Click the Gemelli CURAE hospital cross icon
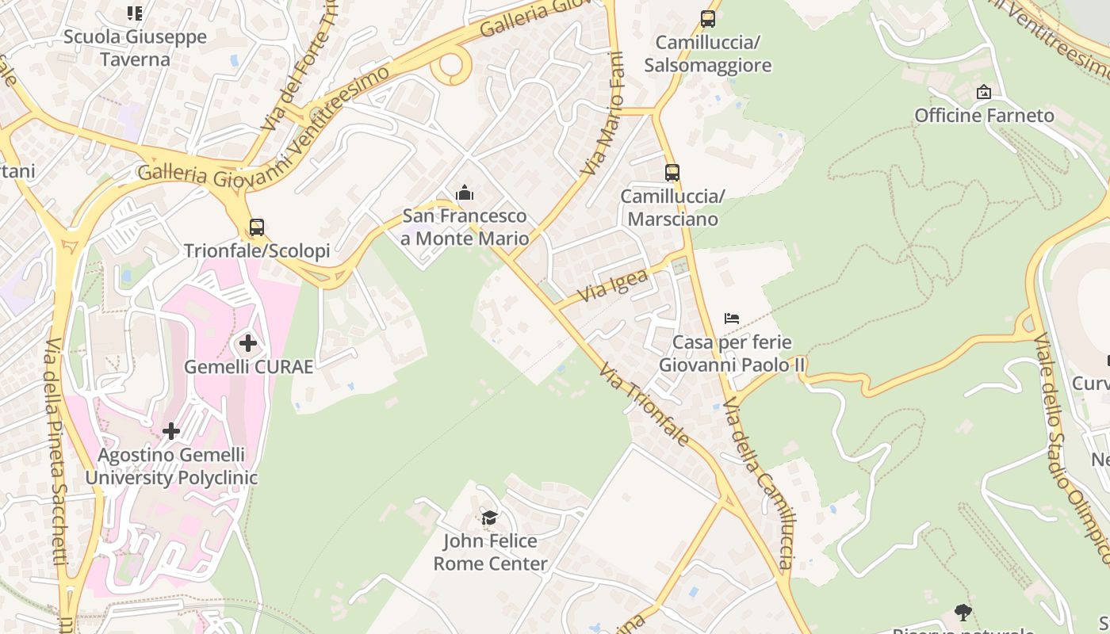point(248,343)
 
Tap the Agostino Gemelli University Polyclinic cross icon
point(171,431)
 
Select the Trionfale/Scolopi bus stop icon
point(257,227)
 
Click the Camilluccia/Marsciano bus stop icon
point(672,172)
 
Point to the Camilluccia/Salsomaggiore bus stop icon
point(707,18)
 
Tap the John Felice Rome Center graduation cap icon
point(490,518)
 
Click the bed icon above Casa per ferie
point(732,319)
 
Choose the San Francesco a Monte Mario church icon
point(465,193)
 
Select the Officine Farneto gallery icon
point(984,92)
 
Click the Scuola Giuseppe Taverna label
point(135,48)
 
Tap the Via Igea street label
point(613,285)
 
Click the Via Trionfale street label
point(643,404)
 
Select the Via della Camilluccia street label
point(757,483)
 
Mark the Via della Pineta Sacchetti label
point(55,452)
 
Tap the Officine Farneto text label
point(984,116)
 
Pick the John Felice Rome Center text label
point(490,552)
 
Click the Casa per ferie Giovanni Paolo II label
point(732,353)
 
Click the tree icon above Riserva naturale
point(963,612)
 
